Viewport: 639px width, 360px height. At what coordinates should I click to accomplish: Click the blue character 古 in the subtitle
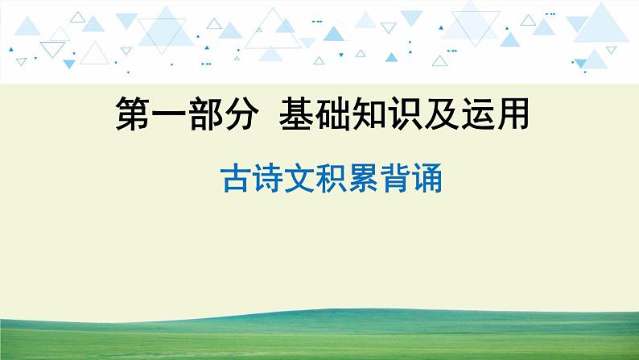(234, 180)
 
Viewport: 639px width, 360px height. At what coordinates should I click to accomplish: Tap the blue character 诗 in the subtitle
(266, 180)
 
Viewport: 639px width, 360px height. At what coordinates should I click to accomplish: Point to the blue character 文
(299, 180)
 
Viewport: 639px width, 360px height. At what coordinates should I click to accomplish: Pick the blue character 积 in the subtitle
(331, 180)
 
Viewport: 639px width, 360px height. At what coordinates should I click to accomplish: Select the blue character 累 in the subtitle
(363, 180)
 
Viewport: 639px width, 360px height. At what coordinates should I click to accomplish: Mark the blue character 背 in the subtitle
(395, 180)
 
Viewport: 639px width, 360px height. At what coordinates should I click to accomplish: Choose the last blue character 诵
(427, 180)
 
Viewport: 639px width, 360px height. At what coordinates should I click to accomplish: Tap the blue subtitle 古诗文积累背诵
(331, 180)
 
